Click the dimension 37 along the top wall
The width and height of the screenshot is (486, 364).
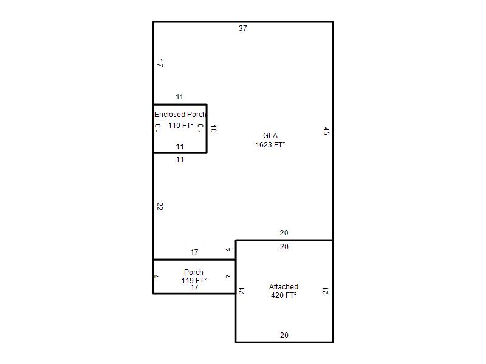point(242,29)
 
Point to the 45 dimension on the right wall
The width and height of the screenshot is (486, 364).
point(326,131)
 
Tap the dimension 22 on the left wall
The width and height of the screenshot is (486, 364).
point(160,206)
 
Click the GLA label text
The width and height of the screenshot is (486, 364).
point(270,135)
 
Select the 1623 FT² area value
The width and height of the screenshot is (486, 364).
point(270,144)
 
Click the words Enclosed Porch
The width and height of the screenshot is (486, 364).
point(180,115)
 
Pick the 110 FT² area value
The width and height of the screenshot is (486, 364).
point(180,126)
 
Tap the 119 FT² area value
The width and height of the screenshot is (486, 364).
point(194,280)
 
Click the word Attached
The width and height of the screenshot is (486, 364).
point(284,286)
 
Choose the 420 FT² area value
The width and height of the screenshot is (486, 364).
point(284,295)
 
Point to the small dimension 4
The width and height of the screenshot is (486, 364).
point(228,249)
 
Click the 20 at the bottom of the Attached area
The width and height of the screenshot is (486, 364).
point(284,335)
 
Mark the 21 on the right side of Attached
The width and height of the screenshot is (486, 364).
point(325,291)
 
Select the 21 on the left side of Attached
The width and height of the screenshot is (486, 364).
point(242,291)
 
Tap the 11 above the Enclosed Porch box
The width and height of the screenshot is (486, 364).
point(179,97)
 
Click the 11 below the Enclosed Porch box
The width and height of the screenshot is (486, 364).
point(180,160)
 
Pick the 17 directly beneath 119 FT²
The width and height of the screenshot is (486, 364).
point(194,288)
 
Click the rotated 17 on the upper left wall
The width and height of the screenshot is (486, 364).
point(160,64)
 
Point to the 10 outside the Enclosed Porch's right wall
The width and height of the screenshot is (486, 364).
point(213,129)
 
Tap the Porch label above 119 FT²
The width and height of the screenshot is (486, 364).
point(194,272)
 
